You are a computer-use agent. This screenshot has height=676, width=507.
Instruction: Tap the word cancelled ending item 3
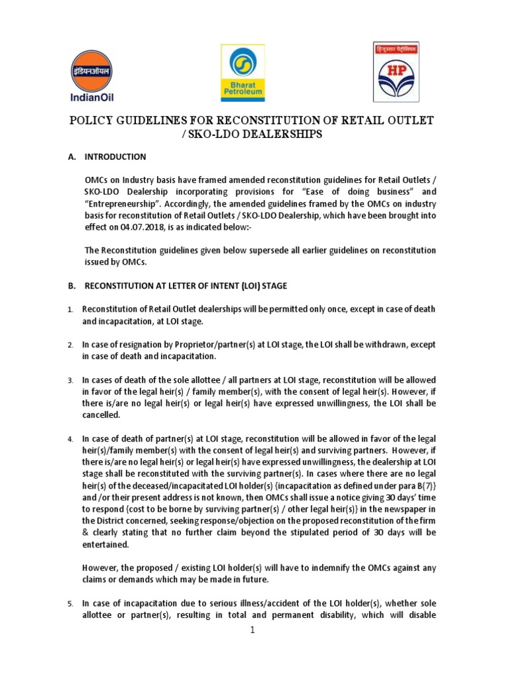coord(101,415)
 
